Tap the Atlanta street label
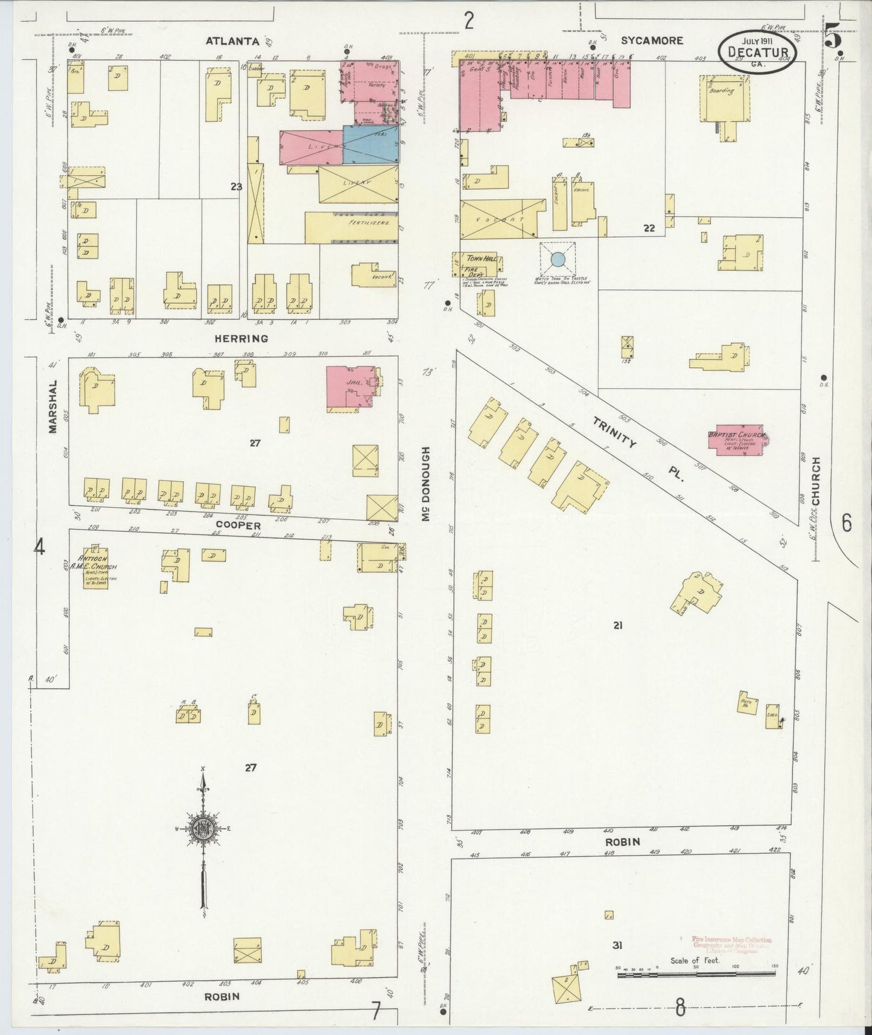click(x=232, y=41)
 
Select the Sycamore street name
click(x=652, y=40)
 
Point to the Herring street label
click(x=241, y=339)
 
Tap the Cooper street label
click(x=238, y=525)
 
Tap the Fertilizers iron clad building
click(x=351, y=227)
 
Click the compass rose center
click(x=203, y=829)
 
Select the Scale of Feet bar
click(x=696, y=974)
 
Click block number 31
click(x=617, y=945)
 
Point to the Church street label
click(x=816, y=481)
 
